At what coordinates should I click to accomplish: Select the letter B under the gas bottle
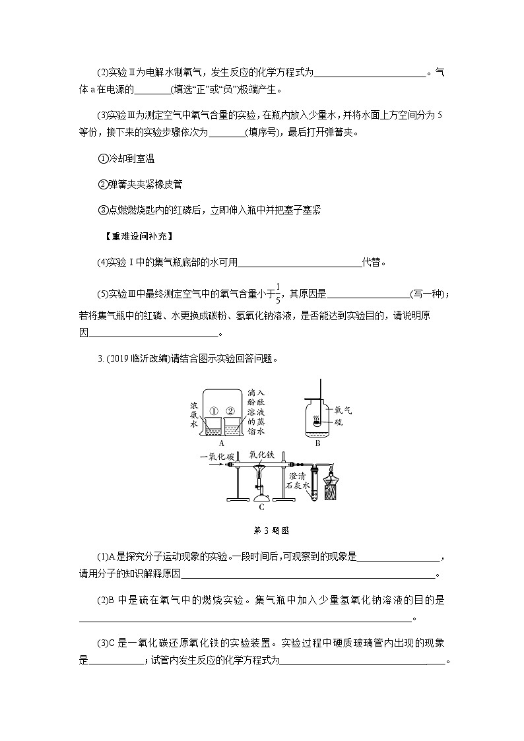317,443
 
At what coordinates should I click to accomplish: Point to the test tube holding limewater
315,485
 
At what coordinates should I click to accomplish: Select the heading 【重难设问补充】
127,236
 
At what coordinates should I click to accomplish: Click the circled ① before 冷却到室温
102,159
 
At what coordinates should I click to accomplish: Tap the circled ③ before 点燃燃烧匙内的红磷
102,210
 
